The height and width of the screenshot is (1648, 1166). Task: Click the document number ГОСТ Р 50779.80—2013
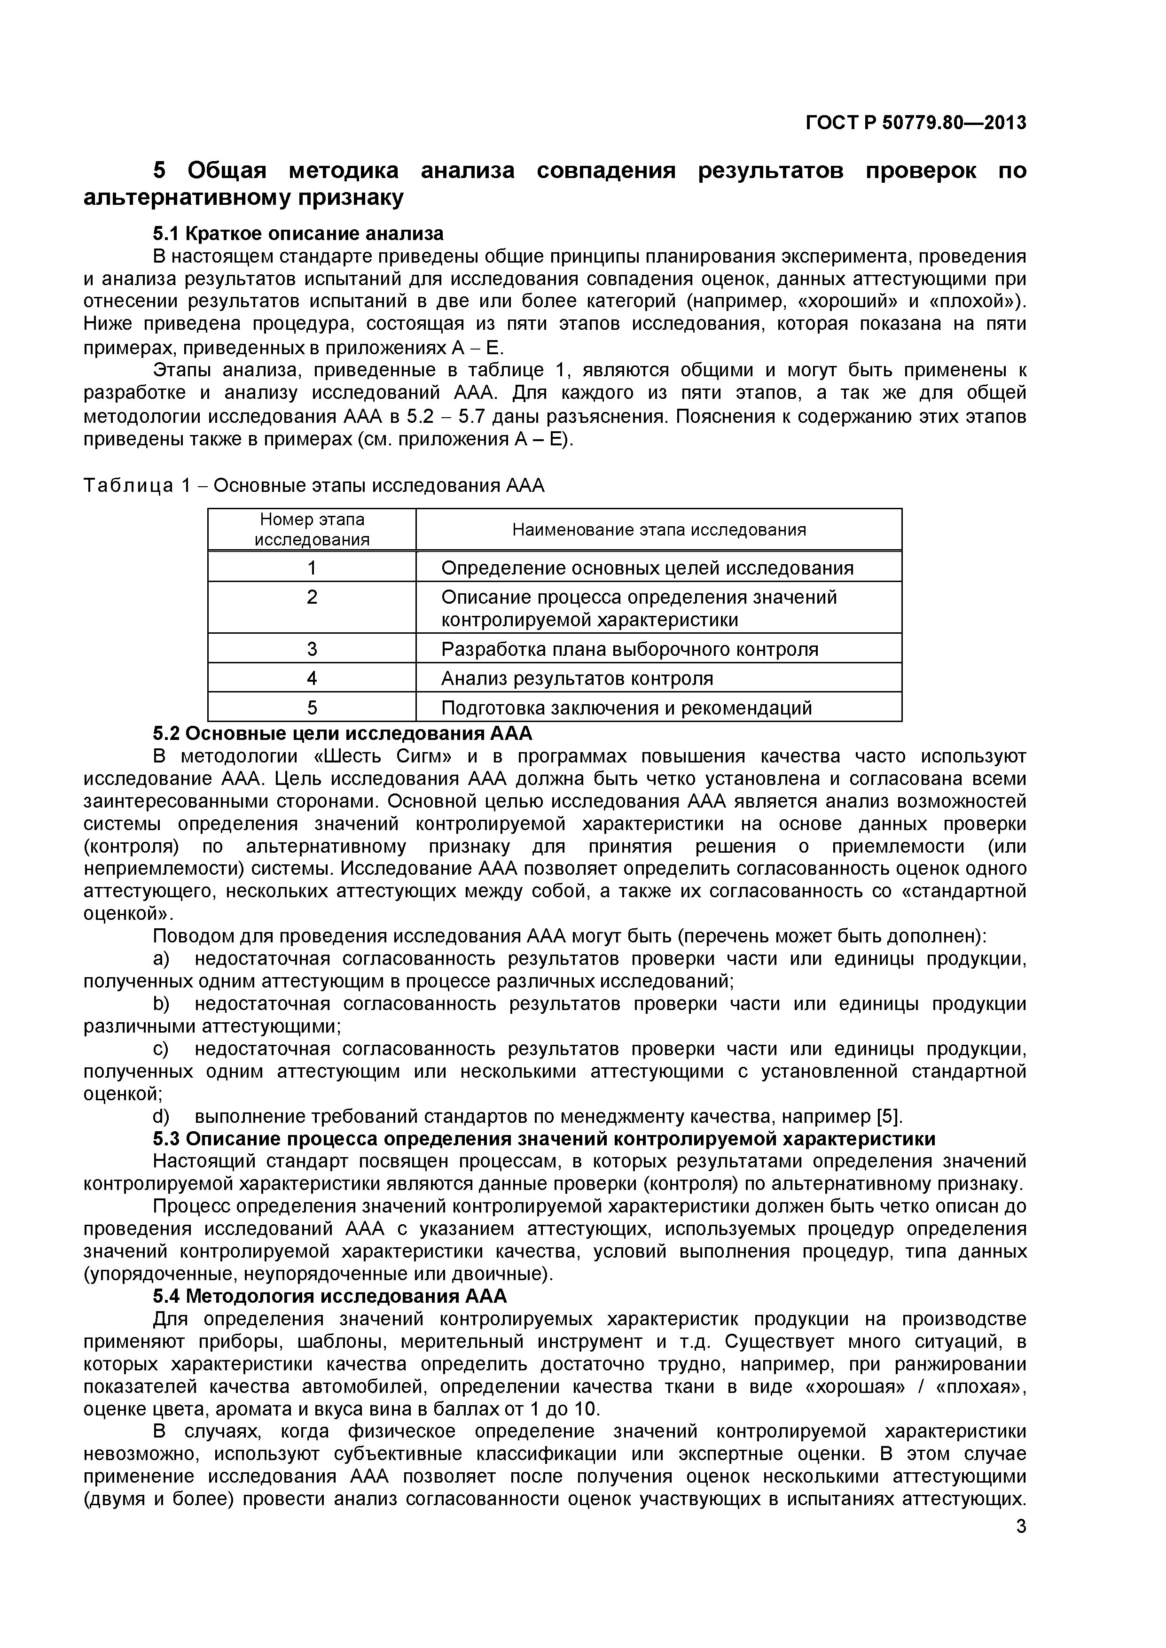click(916, 124)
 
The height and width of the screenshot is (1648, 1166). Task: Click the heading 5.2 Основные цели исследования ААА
click(343, 733)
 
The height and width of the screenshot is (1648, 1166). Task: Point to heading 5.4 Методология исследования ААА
click(329, 1296)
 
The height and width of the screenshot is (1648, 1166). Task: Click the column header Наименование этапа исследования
click(658, 530)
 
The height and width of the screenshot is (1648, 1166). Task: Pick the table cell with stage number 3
click(312, 649)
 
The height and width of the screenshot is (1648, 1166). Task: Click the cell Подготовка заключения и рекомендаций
click(626, 707)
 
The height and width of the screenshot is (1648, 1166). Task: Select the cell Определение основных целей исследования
click(647, 568)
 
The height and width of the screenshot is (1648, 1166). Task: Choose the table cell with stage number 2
click(312, 597)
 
